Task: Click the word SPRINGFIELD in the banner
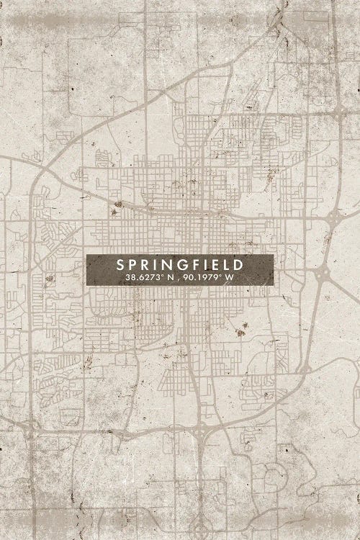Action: (180, 264)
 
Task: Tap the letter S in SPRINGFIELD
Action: (121, 264)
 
